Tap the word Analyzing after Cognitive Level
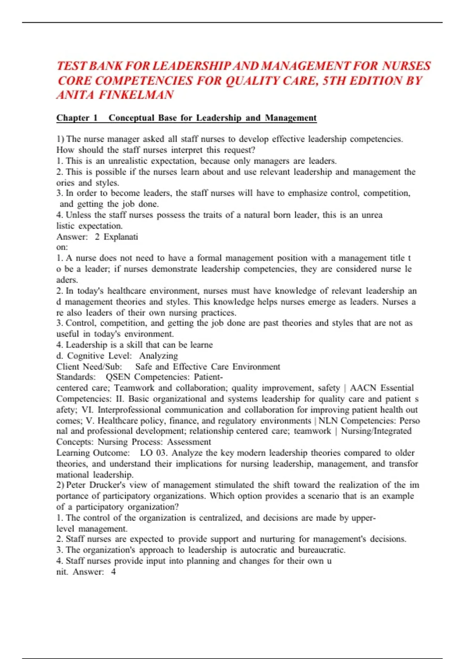click(158, 356)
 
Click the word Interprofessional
click(129, 410)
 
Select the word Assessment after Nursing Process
click(189, 442)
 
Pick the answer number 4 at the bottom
click(113, 572)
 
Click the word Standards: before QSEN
click(76, 377)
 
